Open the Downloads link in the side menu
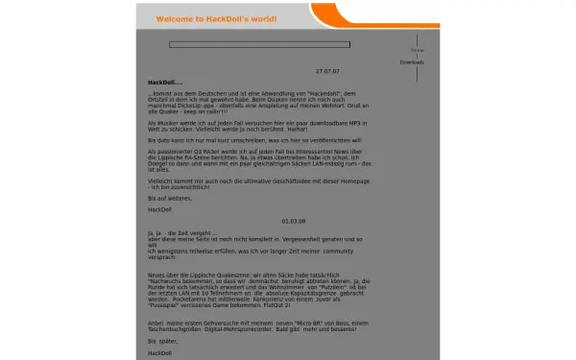pos(412,62)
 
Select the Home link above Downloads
pos(417,49)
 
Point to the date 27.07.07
pos(327,71)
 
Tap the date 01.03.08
pos(295,221)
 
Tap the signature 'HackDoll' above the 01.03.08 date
pos(158,208)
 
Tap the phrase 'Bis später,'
pos(163,340)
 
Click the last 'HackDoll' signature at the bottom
pos(158,352)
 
